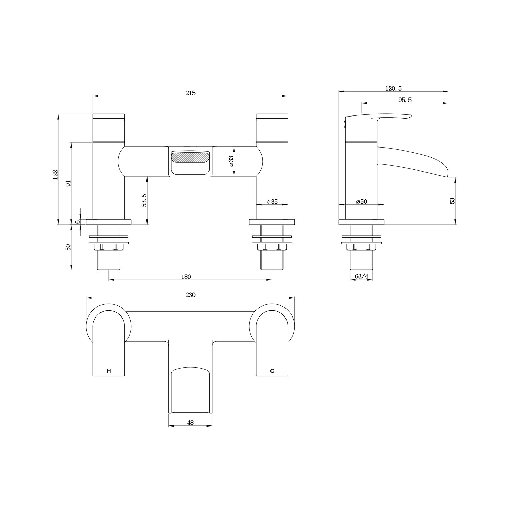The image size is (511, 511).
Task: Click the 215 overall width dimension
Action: point(190,93)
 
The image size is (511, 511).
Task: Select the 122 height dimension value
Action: point(56,174)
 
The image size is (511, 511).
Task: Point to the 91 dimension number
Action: point(68,183)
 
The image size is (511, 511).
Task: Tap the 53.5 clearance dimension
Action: point(144,200)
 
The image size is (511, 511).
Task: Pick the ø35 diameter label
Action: point(272,202)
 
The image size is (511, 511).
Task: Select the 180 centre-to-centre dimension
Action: point(186,277)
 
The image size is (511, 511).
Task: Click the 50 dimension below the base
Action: point(68,247)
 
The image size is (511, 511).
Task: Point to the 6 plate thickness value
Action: point(78,222)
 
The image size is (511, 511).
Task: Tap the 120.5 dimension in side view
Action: point(393,88)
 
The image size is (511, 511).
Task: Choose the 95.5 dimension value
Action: point(405,100)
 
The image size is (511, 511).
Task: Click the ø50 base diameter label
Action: point(361,202)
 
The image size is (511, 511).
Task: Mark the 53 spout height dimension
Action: point(452,201)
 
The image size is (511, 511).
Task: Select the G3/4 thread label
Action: point(361,277)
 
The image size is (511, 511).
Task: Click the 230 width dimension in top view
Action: point(190,295)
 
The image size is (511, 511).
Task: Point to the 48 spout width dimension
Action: point(190,423)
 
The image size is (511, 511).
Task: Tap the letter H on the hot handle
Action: point(109,371)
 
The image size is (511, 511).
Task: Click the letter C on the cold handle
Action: point(272,371)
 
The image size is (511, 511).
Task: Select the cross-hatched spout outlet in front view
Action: point(190,158)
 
